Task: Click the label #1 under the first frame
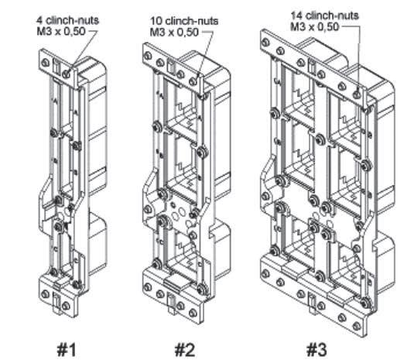point(67,349)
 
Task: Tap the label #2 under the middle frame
point(185,349)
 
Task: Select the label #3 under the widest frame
point(316,349)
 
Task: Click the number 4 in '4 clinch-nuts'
point(39,21)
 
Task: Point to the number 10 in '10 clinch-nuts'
point(156,21)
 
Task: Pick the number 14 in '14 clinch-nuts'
point(296,15)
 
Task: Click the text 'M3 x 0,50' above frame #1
point(61,32)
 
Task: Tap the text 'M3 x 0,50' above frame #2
point(175,33)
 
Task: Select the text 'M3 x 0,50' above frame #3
point(314,26)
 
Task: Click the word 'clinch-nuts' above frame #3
point(332,15)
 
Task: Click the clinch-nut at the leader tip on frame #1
point(67,74)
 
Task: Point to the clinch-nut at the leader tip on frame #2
point(193,81)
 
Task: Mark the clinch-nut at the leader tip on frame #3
point(357,94)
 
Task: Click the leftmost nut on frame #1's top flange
point(46,63)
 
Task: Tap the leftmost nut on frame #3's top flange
point(266,43)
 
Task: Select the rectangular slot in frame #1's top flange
point(56,66)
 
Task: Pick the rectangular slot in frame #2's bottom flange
point(171,303)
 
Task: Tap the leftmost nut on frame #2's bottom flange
point(149,287)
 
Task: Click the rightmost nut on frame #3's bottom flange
point(357,326)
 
